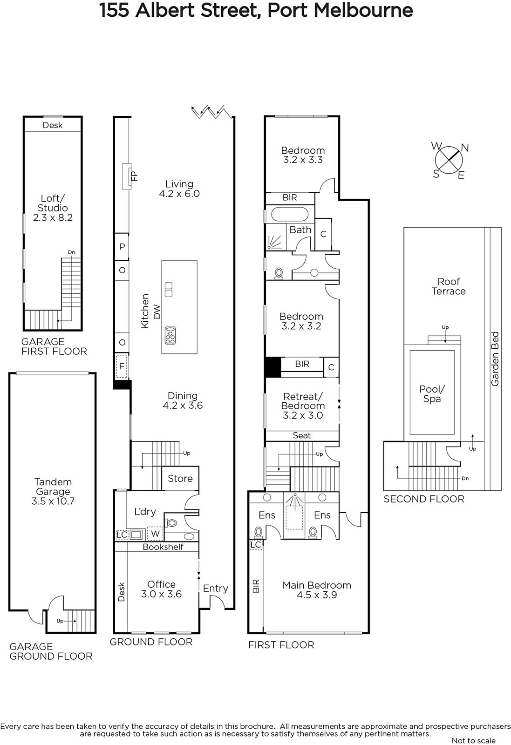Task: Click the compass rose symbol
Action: point(449,160)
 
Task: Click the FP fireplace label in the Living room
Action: point(135,176)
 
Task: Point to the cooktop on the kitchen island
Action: point(170,336)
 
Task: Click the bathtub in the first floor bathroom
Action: point(290,215)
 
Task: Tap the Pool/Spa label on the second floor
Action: point(432,394)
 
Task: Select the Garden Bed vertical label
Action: point(495,359)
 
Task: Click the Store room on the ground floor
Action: point(180,478)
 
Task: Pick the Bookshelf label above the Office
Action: point(163,547)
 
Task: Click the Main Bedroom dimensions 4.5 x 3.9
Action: point(317,595)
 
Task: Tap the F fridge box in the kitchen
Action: point(122,366)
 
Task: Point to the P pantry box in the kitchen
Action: point(122,247)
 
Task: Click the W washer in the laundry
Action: point(155,534)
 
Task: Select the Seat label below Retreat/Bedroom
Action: point(302,435)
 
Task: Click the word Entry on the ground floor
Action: point(216,589)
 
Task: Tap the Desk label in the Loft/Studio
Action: point(53,125)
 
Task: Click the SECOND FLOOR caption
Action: point(424,499)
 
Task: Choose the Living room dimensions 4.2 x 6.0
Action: point(179,194)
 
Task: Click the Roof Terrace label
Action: point(449,286)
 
